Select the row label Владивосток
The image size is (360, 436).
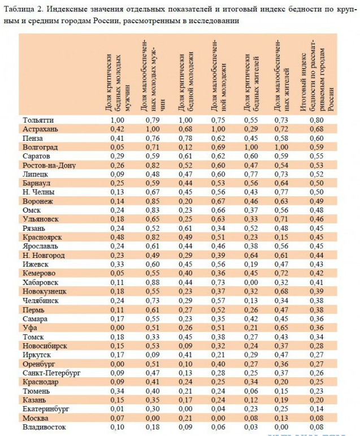pos(45,427)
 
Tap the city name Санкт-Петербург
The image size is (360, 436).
pos(51,373)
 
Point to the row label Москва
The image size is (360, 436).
pos(36,418)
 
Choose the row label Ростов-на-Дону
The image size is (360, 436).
pos(49,165)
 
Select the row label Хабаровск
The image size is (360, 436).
pos(42,283)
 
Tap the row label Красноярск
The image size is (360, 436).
pos(43,238)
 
